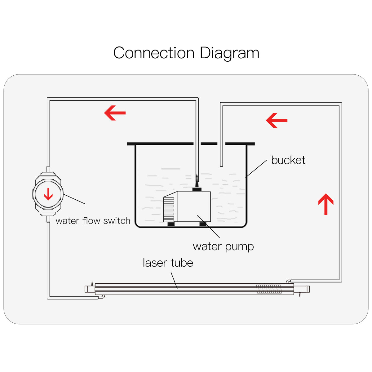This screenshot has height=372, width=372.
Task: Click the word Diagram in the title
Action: (229, 53)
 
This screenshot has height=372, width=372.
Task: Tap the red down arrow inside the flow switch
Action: (48, 194)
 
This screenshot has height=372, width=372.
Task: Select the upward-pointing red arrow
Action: (326, 204)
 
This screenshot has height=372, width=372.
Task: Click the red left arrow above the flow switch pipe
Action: (115, 113)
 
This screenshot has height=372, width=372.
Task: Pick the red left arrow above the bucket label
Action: (277, 120)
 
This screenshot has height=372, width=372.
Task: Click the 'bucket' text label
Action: (288, 160)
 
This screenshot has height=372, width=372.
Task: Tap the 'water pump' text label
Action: (223, 246)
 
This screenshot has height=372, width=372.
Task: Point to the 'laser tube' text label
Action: (168, 263)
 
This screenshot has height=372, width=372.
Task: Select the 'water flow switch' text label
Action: (93, 221)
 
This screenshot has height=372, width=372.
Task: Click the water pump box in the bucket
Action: (193, 206)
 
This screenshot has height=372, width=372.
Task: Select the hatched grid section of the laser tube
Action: (269, 289)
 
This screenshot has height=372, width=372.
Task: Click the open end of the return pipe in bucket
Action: (221, 164)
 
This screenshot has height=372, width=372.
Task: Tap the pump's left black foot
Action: (171, 224)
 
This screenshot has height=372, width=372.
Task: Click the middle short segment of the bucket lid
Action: (209, 144)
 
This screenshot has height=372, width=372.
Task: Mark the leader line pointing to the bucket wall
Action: (256, 169)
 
